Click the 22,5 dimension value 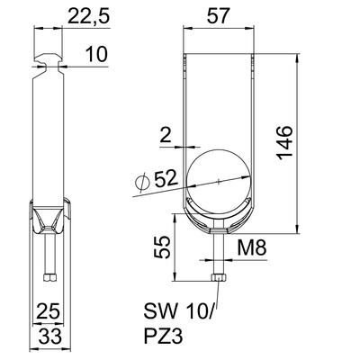[89, 16]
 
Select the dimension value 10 [96, 55]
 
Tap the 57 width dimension [219, 16]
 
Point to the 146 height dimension [283, 143]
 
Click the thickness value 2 [166, 136]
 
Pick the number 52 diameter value [166, 179]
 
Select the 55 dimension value [162, 247]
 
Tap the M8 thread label [252, 248]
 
